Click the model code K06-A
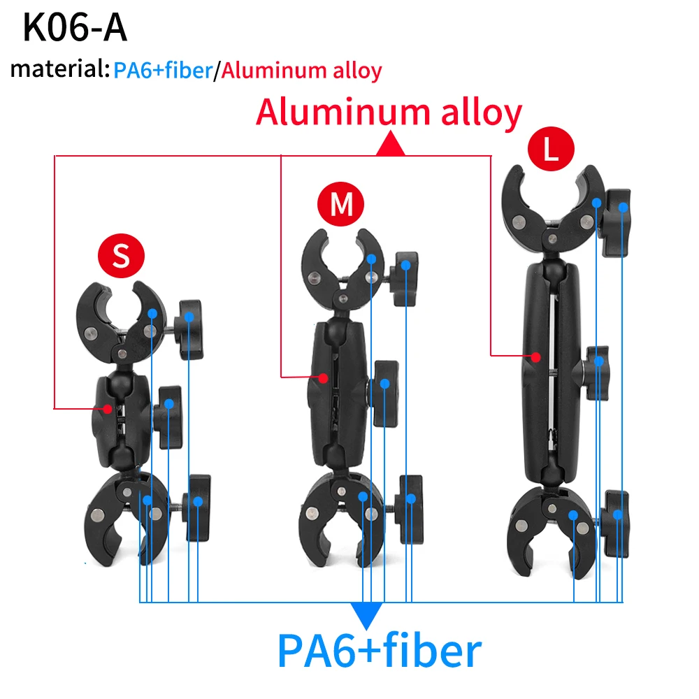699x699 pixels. [x=75, y=29]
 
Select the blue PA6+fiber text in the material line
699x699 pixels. [x=162, y=71]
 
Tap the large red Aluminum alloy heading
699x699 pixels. [x=389, y=112]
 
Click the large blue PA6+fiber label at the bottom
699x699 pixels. [x=380, y=651]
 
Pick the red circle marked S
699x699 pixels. [x=121, y=257]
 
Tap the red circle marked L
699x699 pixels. [x=551, y=151]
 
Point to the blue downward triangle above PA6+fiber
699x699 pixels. [x=367, y=614]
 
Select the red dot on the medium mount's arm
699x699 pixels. [x=323, y=377]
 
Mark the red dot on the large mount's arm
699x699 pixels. [x=535, y=356]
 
